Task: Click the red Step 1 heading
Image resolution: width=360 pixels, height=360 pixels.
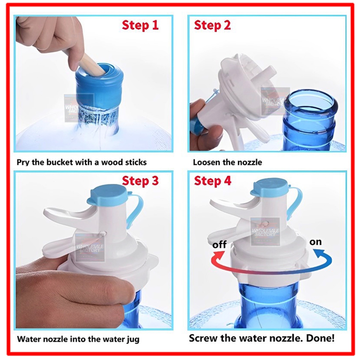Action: pyautogui.click(x=140, y=25)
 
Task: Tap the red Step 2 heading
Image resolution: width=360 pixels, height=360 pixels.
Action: pyautogui.click(x=212, y=25)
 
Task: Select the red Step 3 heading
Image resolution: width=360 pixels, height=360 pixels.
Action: pyautogui.click(x=140, y=181)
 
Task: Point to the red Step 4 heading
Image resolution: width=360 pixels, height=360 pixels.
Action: pyautogui.click(x=212, y=181)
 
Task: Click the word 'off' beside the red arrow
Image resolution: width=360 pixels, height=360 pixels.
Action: pyautogui.click(x=219, y=245)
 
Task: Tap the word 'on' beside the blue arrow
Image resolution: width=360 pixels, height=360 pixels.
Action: pyautogui.click(x=315, y=242)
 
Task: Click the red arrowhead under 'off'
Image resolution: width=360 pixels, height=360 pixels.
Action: pyautogui.click(x=218, y=255)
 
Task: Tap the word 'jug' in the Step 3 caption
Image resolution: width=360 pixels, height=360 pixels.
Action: pyautogui.click(x=133, y=340)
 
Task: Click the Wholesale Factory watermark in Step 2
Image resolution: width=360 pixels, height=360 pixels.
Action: pyautogui.click(x=275, y=101)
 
